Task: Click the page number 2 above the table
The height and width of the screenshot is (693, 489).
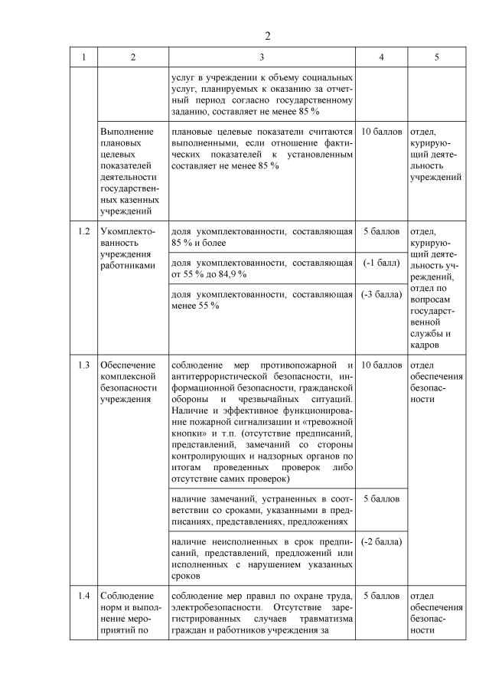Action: [x=268, y=37]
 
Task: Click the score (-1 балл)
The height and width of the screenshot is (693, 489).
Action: [x=380, y=263]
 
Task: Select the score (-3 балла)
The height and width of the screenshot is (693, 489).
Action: [x=380, y=294]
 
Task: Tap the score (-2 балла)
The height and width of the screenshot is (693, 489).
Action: [x=380, y=542]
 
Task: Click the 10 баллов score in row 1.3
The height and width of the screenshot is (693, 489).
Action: [x=380, y=364]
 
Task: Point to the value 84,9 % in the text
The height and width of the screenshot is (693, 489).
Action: [x=231, y=274]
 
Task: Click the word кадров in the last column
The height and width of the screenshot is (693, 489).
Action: [x=425, y=345]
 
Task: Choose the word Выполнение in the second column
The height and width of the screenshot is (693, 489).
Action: [x=126, y=131]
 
